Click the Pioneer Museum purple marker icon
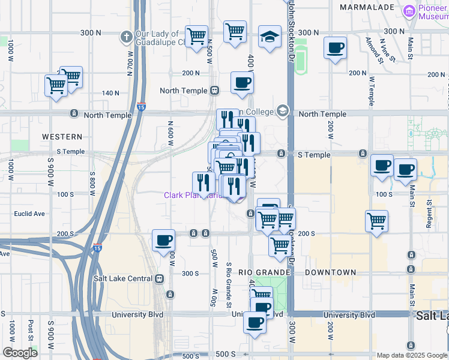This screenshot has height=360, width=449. [409, 11]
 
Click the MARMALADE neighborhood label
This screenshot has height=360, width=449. [367, 7]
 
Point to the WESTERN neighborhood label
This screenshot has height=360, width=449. [62, 137]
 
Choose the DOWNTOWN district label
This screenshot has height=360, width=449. [330, 272]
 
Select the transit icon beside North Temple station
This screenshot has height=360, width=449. [214, 91]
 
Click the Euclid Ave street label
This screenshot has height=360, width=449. [31, 214]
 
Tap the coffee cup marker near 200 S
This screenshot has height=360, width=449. [163, 241]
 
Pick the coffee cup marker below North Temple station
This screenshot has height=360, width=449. [242, 83]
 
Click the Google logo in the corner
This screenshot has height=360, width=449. [20, 352]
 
